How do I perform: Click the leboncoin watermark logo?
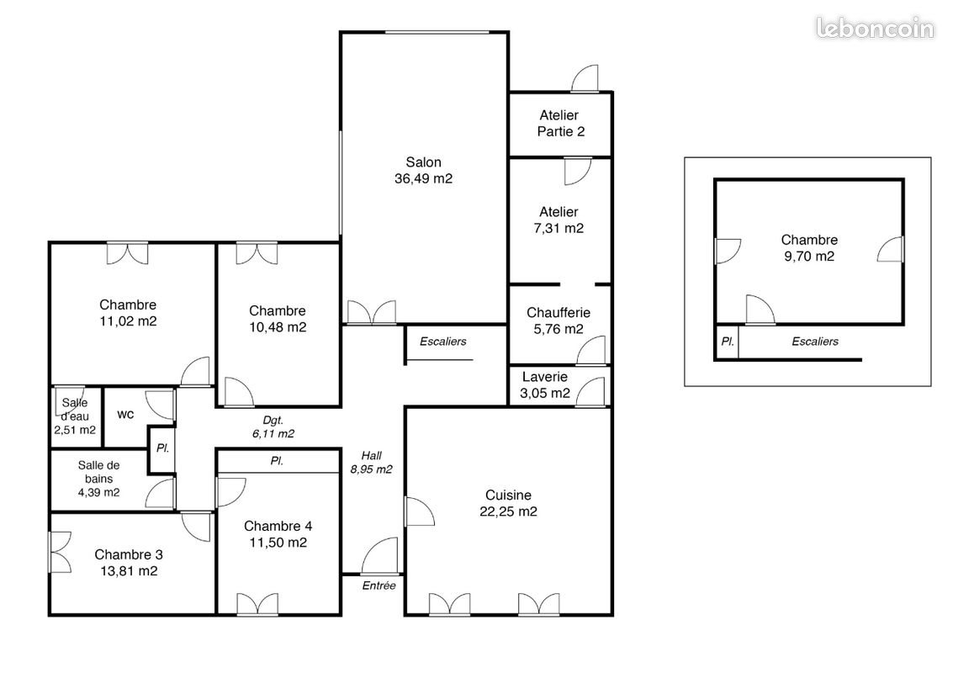tap(875, 29)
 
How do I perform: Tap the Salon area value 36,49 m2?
tap(423, 178)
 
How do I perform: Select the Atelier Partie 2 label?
tap(560, 123)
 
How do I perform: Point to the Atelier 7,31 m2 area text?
tap(560, 228)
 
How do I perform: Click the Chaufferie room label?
tap(559, 313)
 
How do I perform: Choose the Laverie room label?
tap(545, 378)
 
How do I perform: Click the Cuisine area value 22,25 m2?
tap(508, 511)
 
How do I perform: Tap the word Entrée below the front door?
tap(379, 586)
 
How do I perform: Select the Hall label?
tap(371, 455)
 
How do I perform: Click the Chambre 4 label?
tap(278, 526)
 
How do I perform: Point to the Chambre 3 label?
tap(129, 554)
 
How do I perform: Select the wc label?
tap(125, 415)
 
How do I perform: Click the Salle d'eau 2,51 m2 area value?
tap(74, 430)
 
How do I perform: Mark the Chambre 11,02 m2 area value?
tap(128, 321)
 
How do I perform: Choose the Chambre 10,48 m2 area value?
tap(278, 327)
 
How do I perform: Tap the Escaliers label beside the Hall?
tap(442, 342)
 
